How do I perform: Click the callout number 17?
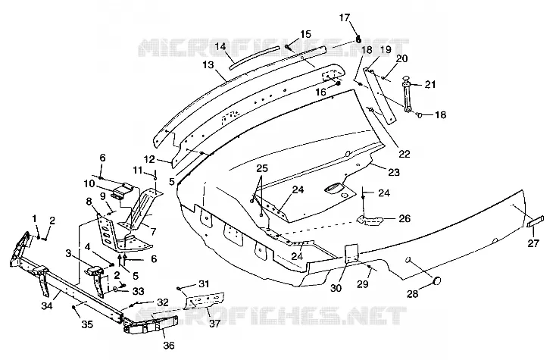(345, 17)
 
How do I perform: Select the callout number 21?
(430, 84)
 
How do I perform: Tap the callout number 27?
(533, 243)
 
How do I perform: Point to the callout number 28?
(413, 294)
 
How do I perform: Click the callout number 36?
(169, 345)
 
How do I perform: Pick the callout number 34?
(47, 305)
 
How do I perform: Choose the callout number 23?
(394, 172)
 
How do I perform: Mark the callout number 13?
(209, 64)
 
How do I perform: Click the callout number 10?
(89, 183)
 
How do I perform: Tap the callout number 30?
(336, 288)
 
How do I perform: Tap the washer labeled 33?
(117, 290)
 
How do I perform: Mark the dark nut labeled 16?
(338, 83)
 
